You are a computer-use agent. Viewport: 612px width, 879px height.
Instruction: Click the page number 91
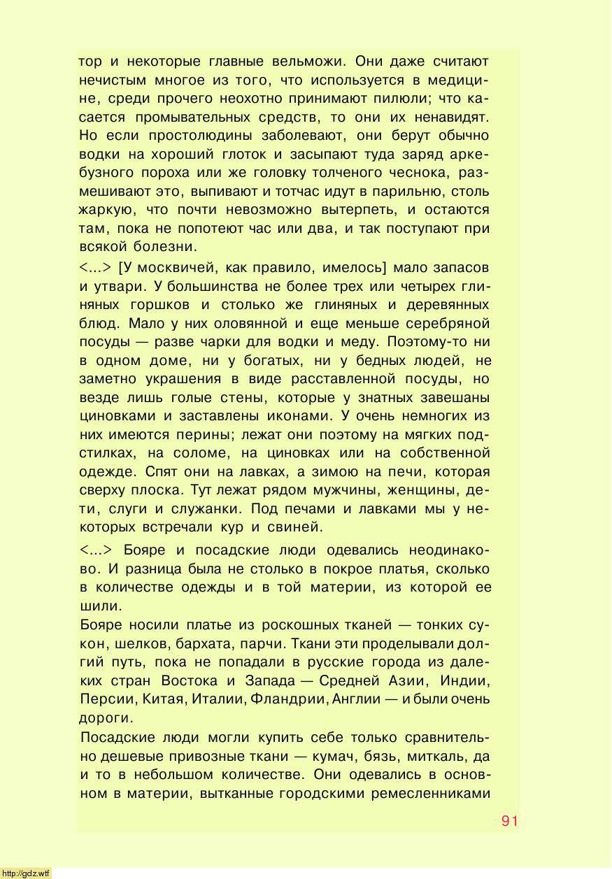click(510, 820)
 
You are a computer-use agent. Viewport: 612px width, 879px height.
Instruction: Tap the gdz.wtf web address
click(26, 873)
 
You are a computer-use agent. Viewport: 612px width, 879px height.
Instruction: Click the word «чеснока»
click(411, 173)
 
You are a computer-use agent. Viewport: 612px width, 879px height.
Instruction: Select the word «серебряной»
click(446, 324)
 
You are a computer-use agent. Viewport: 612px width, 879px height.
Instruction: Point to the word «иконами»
click(302, 416)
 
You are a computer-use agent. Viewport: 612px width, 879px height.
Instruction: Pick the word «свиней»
click(298, 527)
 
